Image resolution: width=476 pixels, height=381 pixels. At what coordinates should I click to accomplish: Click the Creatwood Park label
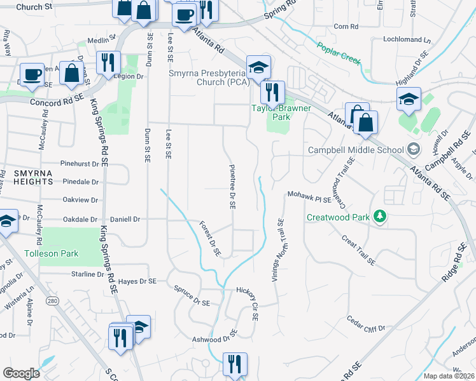338,217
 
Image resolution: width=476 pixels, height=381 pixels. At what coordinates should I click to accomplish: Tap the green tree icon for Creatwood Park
380,217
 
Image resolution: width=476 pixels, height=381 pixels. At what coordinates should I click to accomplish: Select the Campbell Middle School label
356,150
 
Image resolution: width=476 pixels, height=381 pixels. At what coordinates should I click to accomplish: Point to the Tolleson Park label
51,253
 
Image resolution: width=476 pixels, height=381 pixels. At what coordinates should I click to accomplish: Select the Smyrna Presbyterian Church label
208,77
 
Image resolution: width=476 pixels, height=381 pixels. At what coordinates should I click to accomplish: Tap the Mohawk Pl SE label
309,199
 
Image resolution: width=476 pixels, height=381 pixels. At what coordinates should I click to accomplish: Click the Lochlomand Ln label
407,39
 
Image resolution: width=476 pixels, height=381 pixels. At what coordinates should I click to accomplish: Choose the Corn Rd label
346,27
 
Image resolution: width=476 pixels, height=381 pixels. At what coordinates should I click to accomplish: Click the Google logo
21,373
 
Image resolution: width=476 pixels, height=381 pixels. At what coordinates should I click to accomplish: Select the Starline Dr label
88,274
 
